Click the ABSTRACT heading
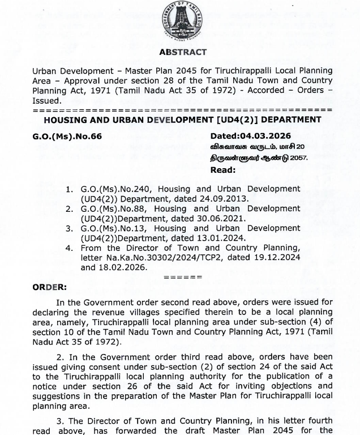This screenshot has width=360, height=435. coord(183,52)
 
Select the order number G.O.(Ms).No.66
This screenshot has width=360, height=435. coord(67,136)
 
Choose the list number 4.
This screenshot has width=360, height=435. coord(68,248)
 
